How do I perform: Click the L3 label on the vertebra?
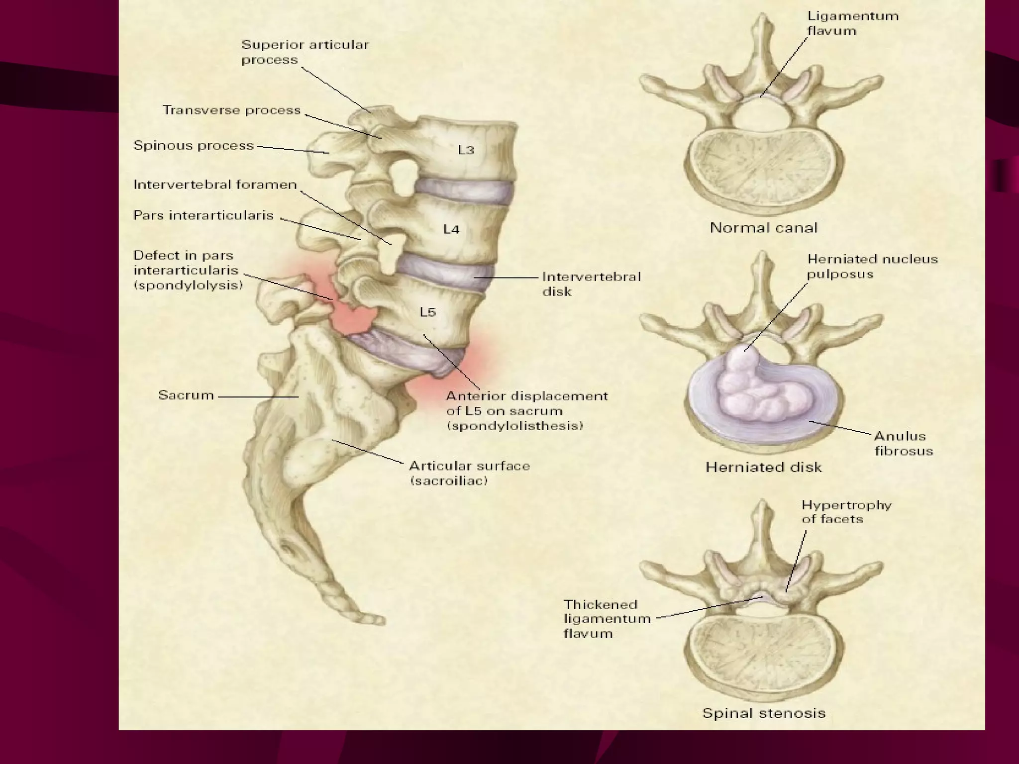(466, 150)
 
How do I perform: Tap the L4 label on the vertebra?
(451, 229)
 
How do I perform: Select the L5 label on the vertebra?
(427, 312)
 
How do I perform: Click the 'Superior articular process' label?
(305, 52)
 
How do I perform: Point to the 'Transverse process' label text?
(231, 110)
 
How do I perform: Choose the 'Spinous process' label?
(194, 146)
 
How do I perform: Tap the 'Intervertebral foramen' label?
(215, 185)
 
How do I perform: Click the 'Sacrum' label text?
(186, 395)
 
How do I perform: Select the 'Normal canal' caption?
(763, 228)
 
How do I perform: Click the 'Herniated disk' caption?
(763, 467)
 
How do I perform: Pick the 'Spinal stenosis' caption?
(763, 713)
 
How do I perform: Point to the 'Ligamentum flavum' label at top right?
(852, 23)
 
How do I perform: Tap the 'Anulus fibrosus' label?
(903, 443)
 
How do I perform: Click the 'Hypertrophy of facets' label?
(846, 512)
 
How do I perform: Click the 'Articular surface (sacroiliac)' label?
(469, 473)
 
